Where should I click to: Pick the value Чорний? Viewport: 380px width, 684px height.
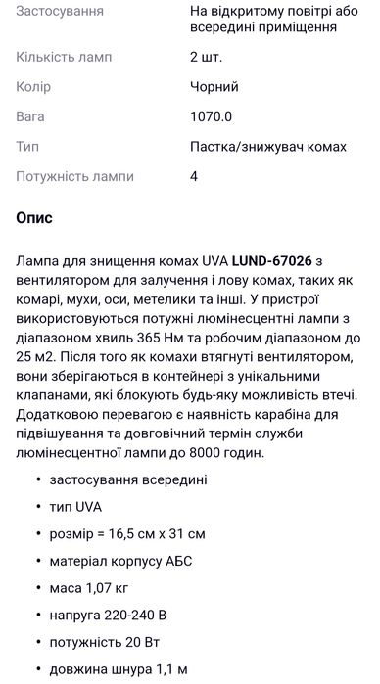[x=214, y=87]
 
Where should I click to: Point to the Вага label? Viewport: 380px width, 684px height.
[x=30, y=116]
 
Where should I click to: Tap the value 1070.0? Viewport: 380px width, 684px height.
[x=211, y=116]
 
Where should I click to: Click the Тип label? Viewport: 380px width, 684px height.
[x=27, y=146]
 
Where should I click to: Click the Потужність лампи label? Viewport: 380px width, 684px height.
[x=78, y=176]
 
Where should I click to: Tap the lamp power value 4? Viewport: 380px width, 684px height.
[x=194, y=176]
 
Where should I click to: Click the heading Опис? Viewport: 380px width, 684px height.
[x=34, y=217]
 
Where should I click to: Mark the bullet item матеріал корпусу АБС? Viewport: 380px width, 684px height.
[x=121, y=562]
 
